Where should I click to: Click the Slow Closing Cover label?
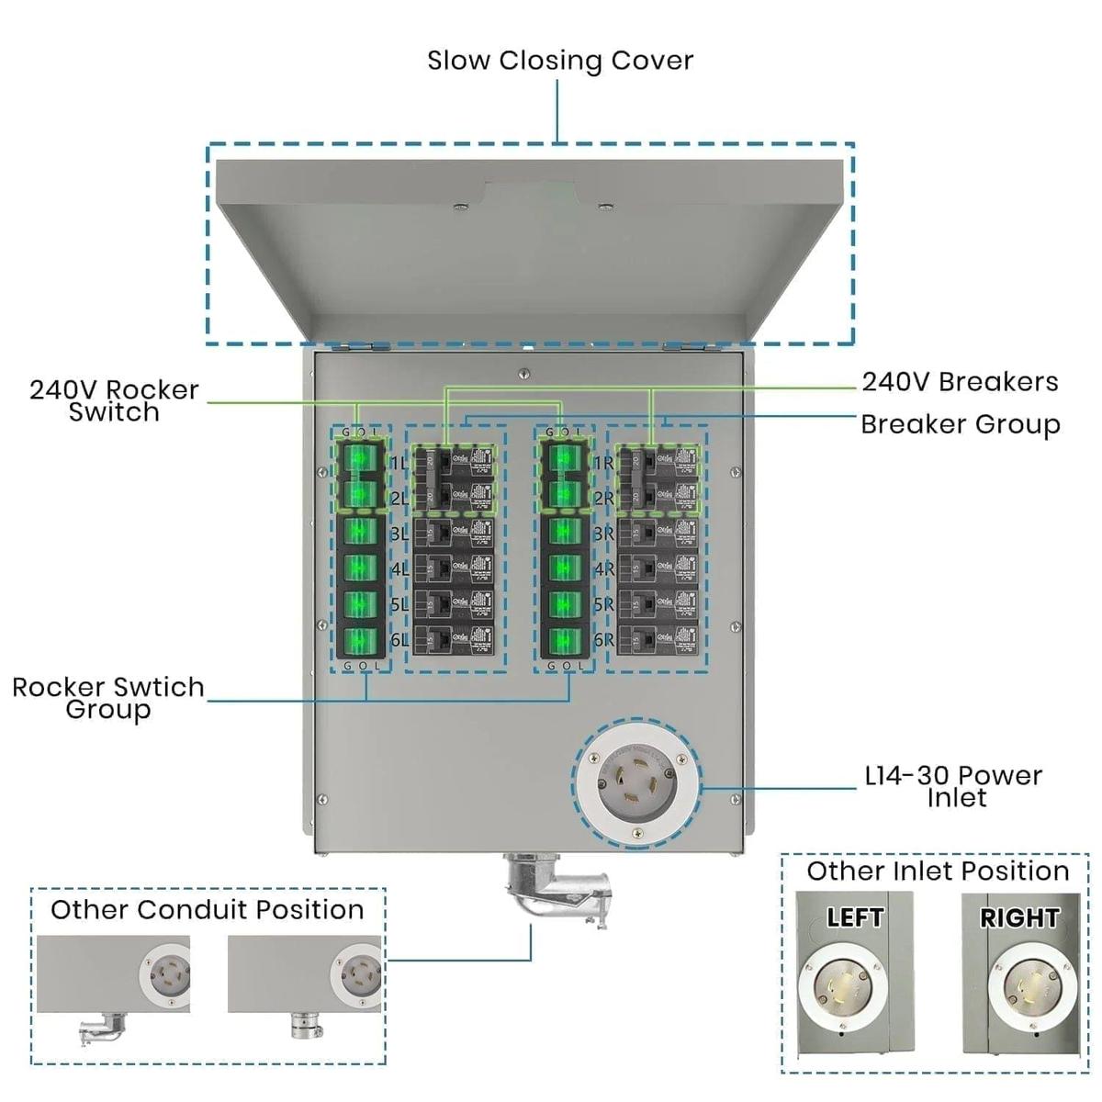(559, 61)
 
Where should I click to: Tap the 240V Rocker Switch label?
(114, 400)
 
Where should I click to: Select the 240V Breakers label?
(959, 382)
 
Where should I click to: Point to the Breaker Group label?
(960, 424)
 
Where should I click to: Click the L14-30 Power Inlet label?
(953, 786)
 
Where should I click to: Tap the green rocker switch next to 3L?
(360, 533)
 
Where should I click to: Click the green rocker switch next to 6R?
(564, 640)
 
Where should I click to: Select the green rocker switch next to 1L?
(360, 460)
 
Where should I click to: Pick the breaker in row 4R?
(658, 568)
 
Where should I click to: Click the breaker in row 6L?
(454, 640)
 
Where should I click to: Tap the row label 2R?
(603, 499)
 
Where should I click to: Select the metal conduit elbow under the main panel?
(545, 885)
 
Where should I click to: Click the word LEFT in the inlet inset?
(854, 917)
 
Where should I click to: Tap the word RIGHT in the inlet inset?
(1018, 917)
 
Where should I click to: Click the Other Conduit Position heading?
(208, 910)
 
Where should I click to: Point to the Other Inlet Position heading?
(938, 871)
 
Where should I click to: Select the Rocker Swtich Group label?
(108, 698)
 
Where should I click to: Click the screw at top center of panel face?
(524, 374)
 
